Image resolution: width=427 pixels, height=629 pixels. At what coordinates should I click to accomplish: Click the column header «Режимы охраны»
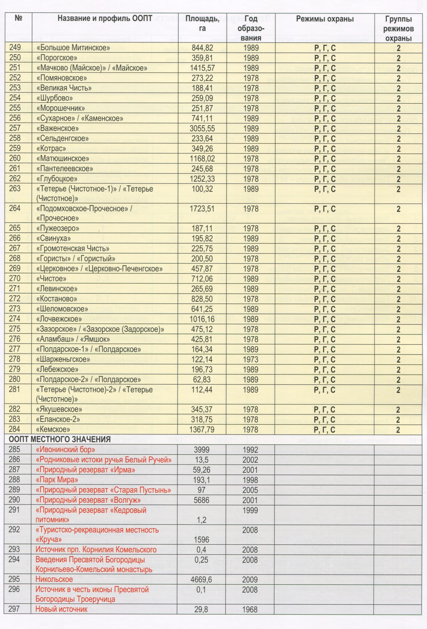coord(325,19)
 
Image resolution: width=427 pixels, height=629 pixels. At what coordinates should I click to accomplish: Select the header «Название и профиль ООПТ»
coord(105,18)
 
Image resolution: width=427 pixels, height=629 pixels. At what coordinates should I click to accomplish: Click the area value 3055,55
coord(202,129)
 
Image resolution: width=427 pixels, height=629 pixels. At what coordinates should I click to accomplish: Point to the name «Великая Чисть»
coord(64,88)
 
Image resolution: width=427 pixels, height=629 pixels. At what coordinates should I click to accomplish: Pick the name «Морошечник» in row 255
coord(61,108)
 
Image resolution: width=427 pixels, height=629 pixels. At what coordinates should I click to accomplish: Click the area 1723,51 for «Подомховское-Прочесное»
coord(202,209)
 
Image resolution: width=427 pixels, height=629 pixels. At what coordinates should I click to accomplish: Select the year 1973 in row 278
coord(251,359)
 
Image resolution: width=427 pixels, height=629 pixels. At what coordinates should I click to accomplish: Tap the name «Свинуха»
coord(54,238)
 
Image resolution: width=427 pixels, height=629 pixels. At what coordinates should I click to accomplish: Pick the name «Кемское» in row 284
coord(53,429)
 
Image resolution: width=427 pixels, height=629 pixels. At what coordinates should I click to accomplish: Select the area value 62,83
coord(202,379)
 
